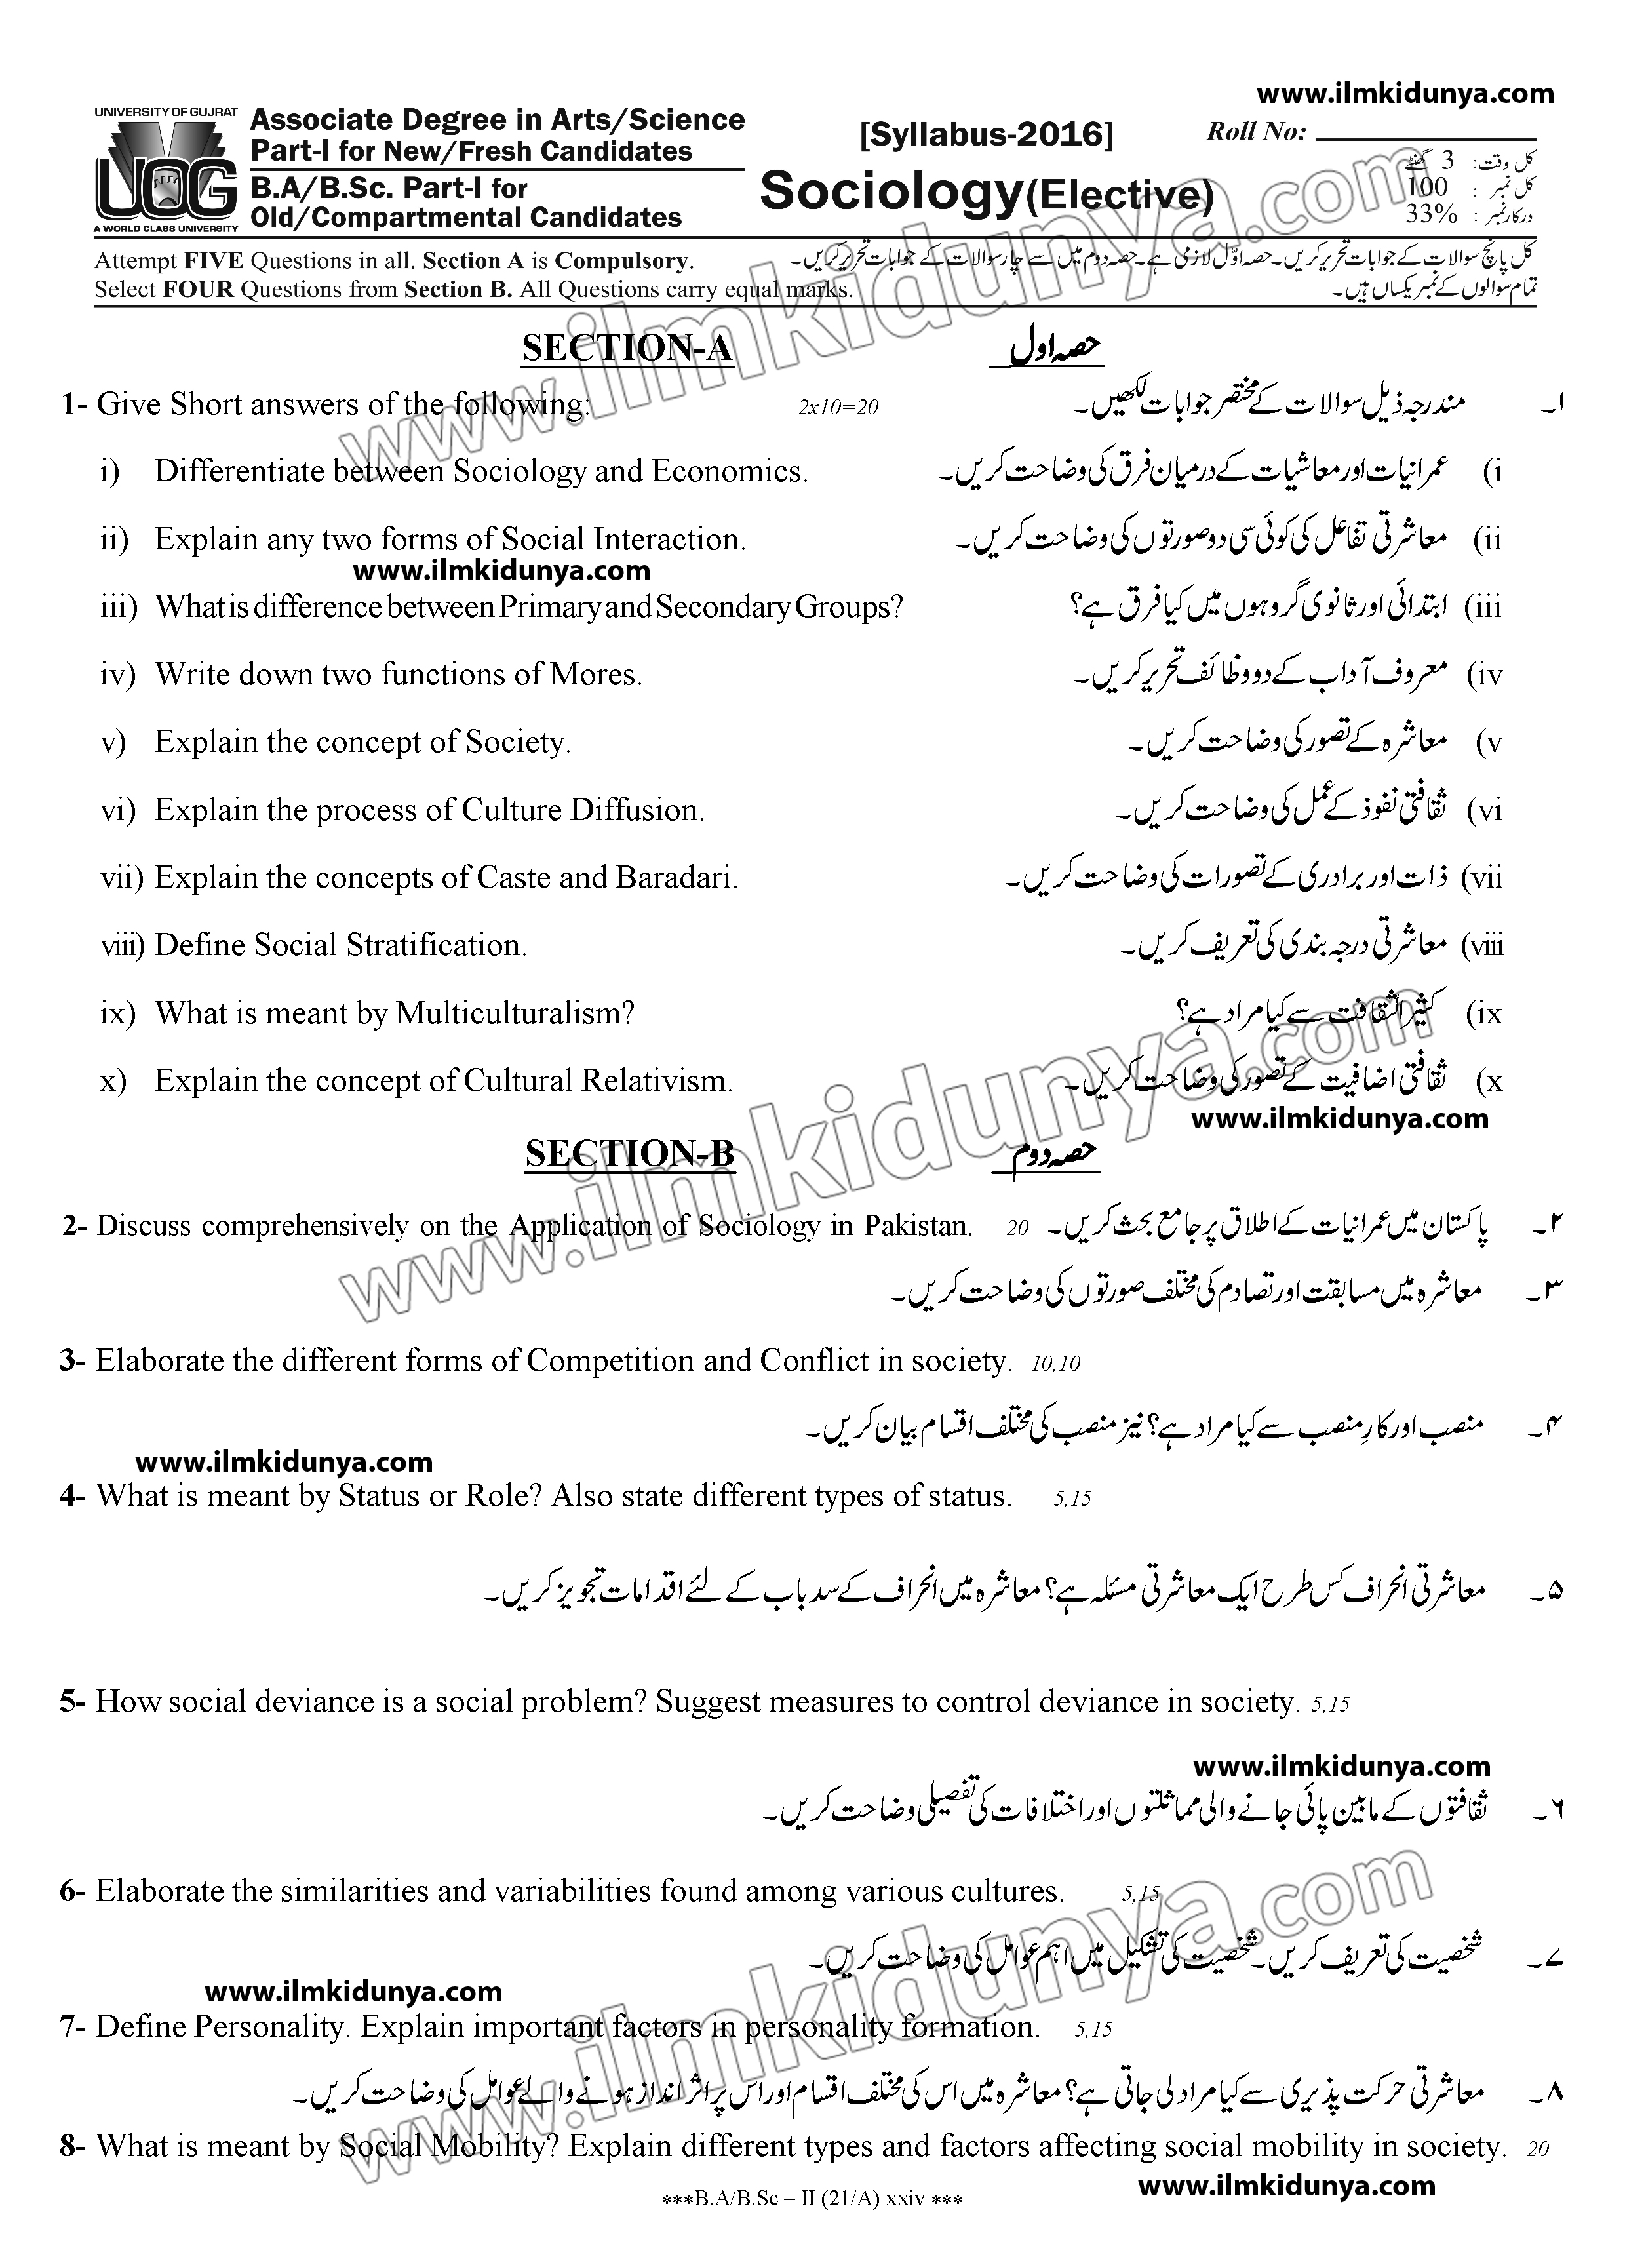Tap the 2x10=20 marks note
point(837,407)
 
